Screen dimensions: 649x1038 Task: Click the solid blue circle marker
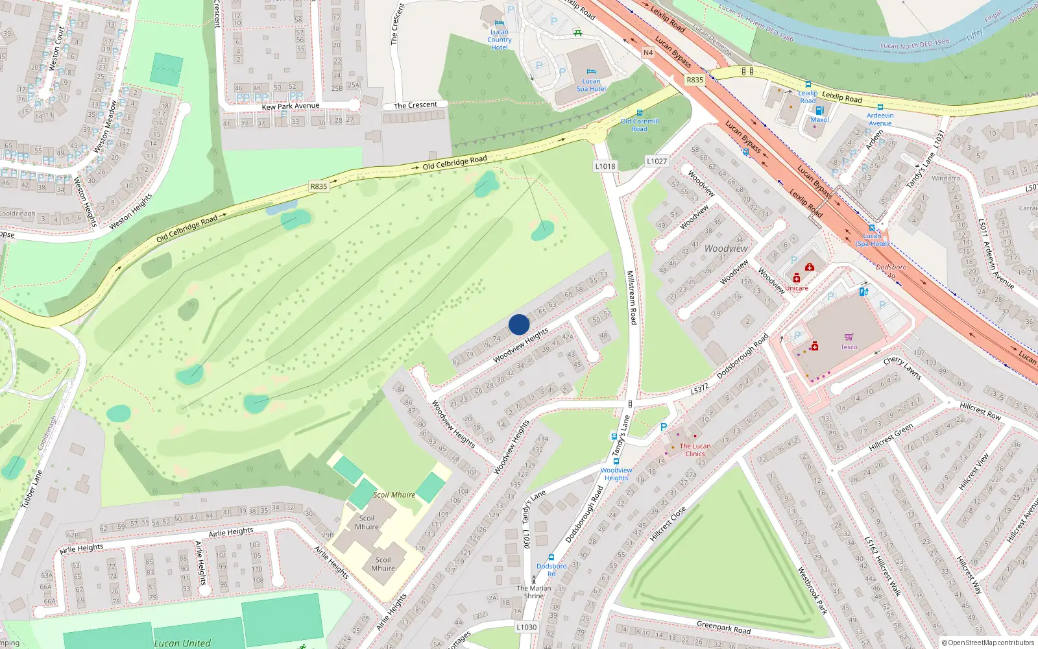tap(519, 324)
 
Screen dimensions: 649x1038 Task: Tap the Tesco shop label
tap(849, 347)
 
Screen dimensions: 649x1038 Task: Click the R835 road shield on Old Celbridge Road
tap(319, 186)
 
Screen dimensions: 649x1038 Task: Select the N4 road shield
tap(647, 53)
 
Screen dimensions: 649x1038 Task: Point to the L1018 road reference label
tap(605, 166)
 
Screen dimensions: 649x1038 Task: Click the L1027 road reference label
tap(657, 161)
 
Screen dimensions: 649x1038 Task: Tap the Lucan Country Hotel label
tap(500, 40)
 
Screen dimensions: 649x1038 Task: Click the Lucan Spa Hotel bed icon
tap(591, 72)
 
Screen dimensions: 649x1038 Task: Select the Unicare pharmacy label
tap(797, 288)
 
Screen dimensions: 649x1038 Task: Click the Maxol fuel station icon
tap(819, 110)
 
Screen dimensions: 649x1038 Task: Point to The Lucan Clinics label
tap(695, 450)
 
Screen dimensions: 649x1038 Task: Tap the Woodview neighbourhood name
tap(726, 249)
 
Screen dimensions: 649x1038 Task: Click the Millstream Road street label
tap(631, 298)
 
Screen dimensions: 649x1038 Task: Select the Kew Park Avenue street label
tap(291, 106)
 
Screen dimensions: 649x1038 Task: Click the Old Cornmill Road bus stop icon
tap(640, 113)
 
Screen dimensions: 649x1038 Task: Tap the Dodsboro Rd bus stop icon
tap(551, 557)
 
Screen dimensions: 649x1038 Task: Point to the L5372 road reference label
tap(699, 389)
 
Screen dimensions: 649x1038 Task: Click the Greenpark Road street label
tap(723, 628)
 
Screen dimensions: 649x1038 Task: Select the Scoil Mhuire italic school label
tap(394, 495)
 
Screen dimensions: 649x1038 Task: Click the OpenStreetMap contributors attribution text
tap(988, 643)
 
